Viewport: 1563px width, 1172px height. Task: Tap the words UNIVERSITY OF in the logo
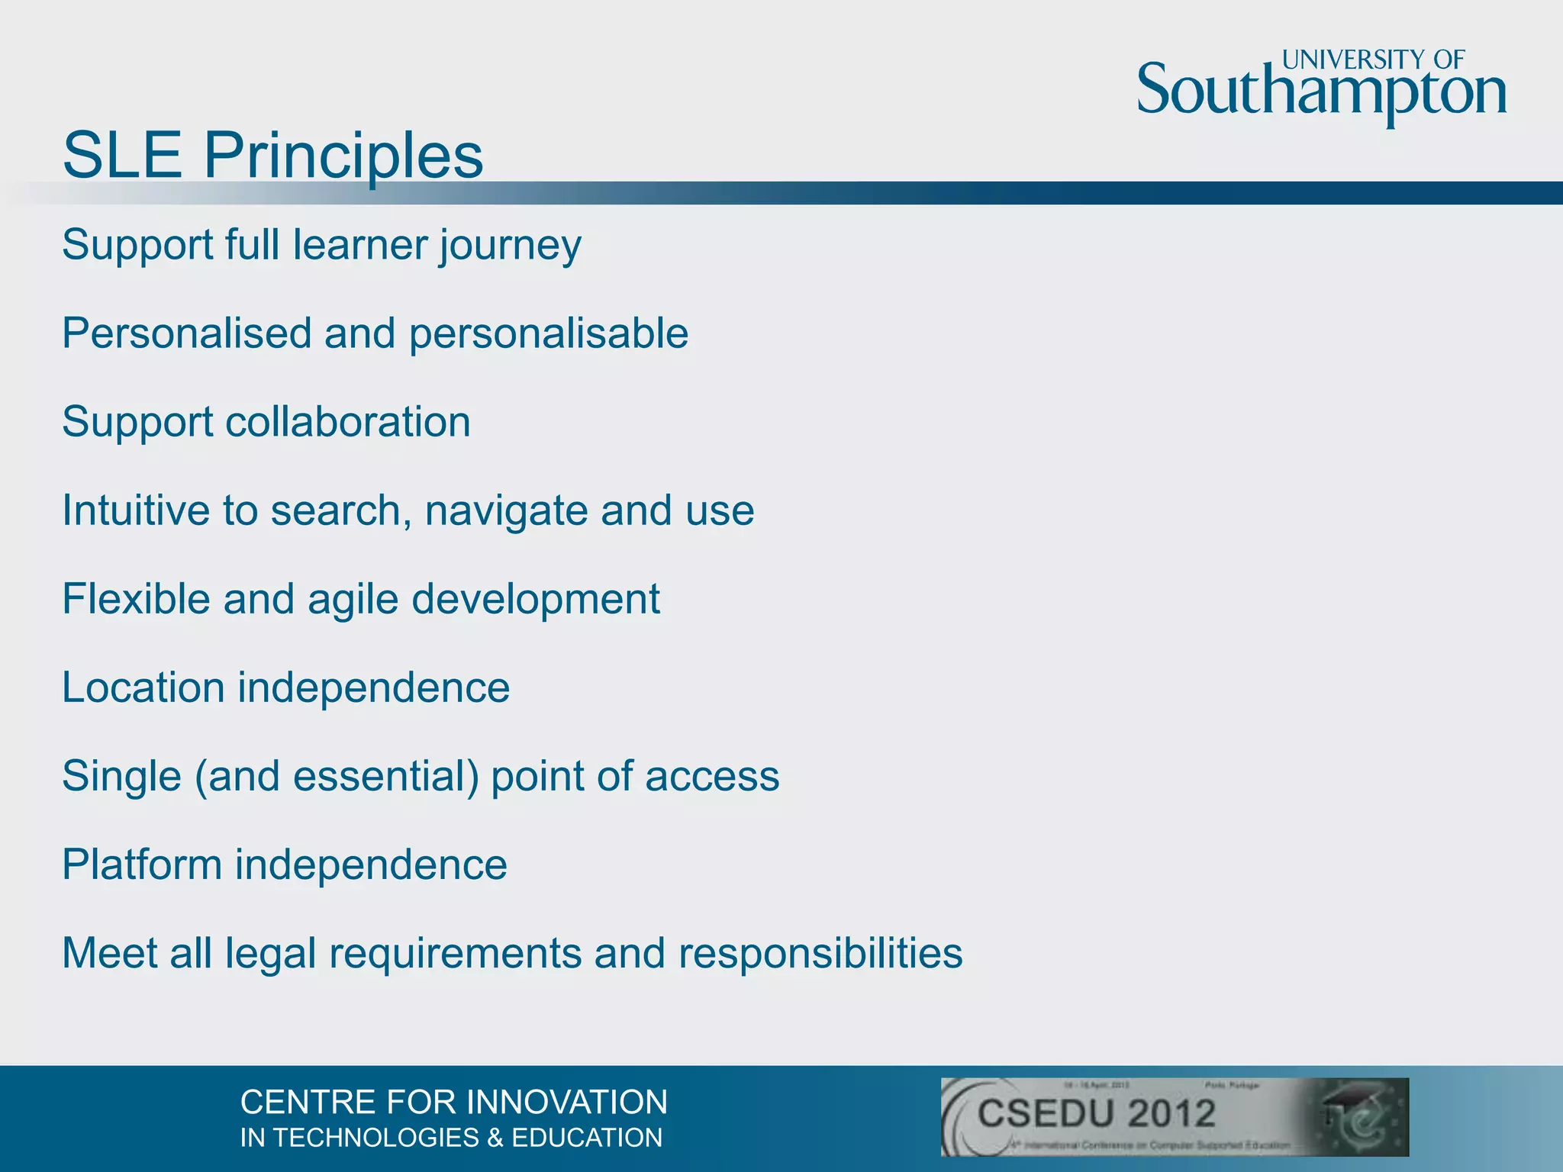coord(1373,60)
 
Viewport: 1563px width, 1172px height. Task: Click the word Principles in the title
coord(343,156)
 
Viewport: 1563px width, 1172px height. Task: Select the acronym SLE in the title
coord(122,156)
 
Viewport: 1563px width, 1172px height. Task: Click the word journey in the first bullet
coord(510,246)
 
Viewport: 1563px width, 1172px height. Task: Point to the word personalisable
coord(549,334)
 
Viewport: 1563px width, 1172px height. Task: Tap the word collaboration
coord(348,422)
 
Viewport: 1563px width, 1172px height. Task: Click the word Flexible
coord(135,599)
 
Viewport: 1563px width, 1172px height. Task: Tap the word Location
coord(143,687)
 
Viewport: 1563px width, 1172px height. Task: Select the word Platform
coord(141,865)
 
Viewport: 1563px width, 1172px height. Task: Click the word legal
coord(270,954)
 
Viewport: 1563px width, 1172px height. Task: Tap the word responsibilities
coord(820,954)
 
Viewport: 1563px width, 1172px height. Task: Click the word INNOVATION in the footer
coord(567,1103)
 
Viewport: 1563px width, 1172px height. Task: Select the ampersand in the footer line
coord(495,1138)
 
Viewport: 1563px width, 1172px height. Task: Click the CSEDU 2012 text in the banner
coord(1097,1113)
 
